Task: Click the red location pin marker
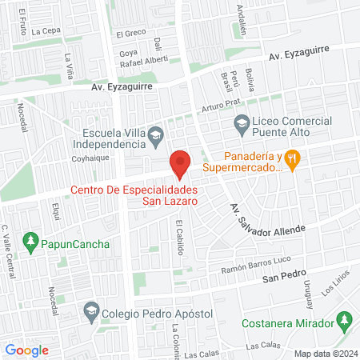pyautogui.click(x=180, y=164)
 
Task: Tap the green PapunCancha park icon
pyautogui.click(x=30, y=240)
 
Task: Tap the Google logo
pyautogui.click(x=26, y=350)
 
